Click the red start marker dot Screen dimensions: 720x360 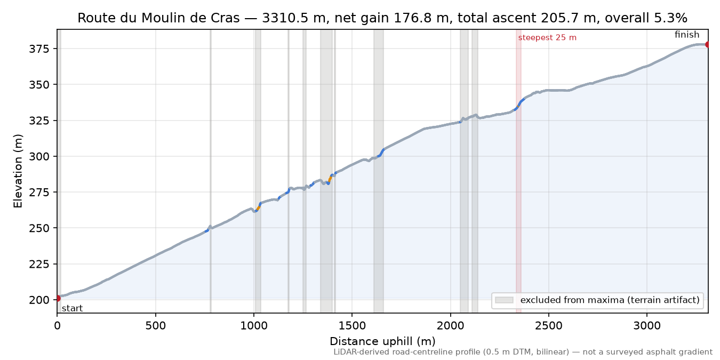click(58, 299)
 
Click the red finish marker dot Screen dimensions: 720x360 click(707, 44)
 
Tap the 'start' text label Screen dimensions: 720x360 click(73, 309)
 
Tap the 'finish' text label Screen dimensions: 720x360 click(687, 35)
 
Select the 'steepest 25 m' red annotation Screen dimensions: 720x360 click(547, 38)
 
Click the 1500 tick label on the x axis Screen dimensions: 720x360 click(352, 326)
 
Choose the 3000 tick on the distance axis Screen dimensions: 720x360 click(647, 326)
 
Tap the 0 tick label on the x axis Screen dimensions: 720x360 click(57, 326)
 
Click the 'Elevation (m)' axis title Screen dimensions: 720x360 click(18, 171)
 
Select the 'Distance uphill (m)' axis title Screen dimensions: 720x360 click(382, 341)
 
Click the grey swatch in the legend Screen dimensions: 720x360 click(504, 300)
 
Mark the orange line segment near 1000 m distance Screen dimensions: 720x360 click(259, 207)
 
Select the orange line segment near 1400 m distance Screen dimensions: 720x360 click(330, 179)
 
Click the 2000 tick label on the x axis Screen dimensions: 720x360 click(451, 326)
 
